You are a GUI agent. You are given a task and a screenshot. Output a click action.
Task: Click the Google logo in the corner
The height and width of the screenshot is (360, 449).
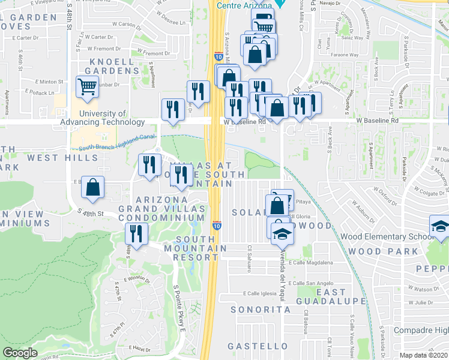(20, 353)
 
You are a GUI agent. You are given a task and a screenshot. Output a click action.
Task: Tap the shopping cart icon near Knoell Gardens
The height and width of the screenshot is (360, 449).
(88, 88)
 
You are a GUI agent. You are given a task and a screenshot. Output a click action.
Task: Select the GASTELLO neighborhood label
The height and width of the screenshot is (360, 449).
(258, 346)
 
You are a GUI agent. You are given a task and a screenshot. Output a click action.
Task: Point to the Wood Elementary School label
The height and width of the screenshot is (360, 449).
(387, 236)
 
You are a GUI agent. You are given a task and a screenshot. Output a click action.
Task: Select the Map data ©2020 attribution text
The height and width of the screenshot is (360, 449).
(424, 355)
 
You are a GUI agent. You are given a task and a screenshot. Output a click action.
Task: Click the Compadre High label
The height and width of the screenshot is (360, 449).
(421, 331)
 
